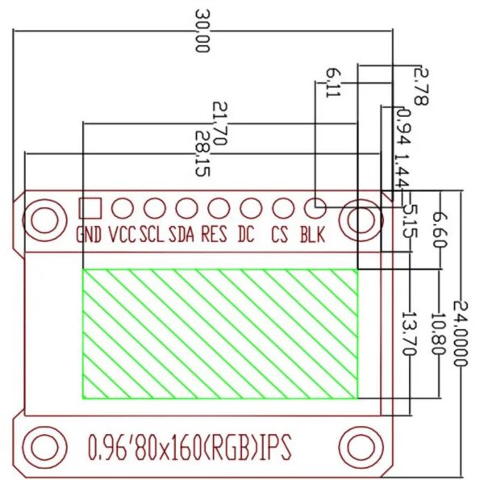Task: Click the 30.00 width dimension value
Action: (202, 31)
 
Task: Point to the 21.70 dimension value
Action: (220, 123)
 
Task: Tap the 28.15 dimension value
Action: (202, 153)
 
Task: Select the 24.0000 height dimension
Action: (461, 333)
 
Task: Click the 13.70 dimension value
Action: (410, 334)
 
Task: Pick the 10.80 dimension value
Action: (439, 334)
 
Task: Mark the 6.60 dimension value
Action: (439, 229)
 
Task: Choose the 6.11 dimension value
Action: (333, 83)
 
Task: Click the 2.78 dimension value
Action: (421, 87)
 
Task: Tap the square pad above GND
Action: (90, 209)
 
